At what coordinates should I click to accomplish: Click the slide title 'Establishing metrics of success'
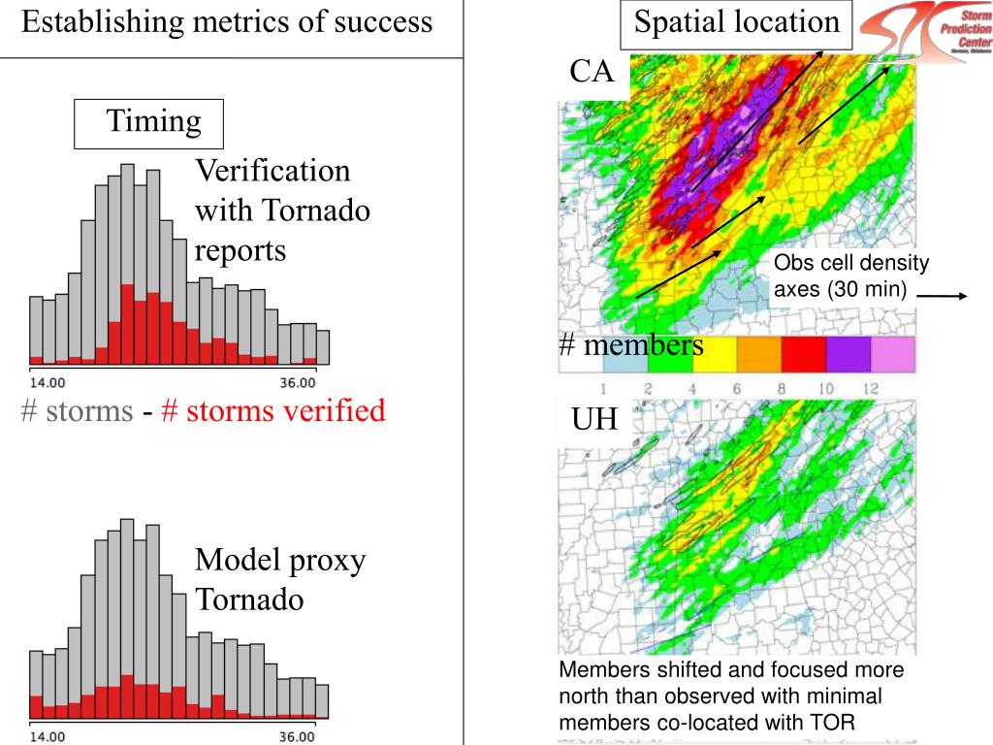click(227, 23)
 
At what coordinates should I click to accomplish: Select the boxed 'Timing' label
click(153, 122)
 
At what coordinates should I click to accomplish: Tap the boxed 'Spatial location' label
click(737, 23)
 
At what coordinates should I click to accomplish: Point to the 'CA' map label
click(592, 71)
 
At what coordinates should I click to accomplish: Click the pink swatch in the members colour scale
click(893, 354)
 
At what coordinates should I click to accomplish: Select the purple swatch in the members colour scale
click(848, 354)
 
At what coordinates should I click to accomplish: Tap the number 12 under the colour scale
click(870, 388)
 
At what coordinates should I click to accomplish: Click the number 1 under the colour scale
click(603, 388)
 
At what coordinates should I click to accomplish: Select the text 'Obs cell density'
click(850, 264)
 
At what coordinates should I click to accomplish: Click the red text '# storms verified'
click(273, 411)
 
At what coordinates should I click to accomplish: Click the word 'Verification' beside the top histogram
click(272, 172)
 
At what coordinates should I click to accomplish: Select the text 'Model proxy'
click(279, 561)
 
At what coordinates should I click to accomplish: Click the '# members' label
click(630, 345)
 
